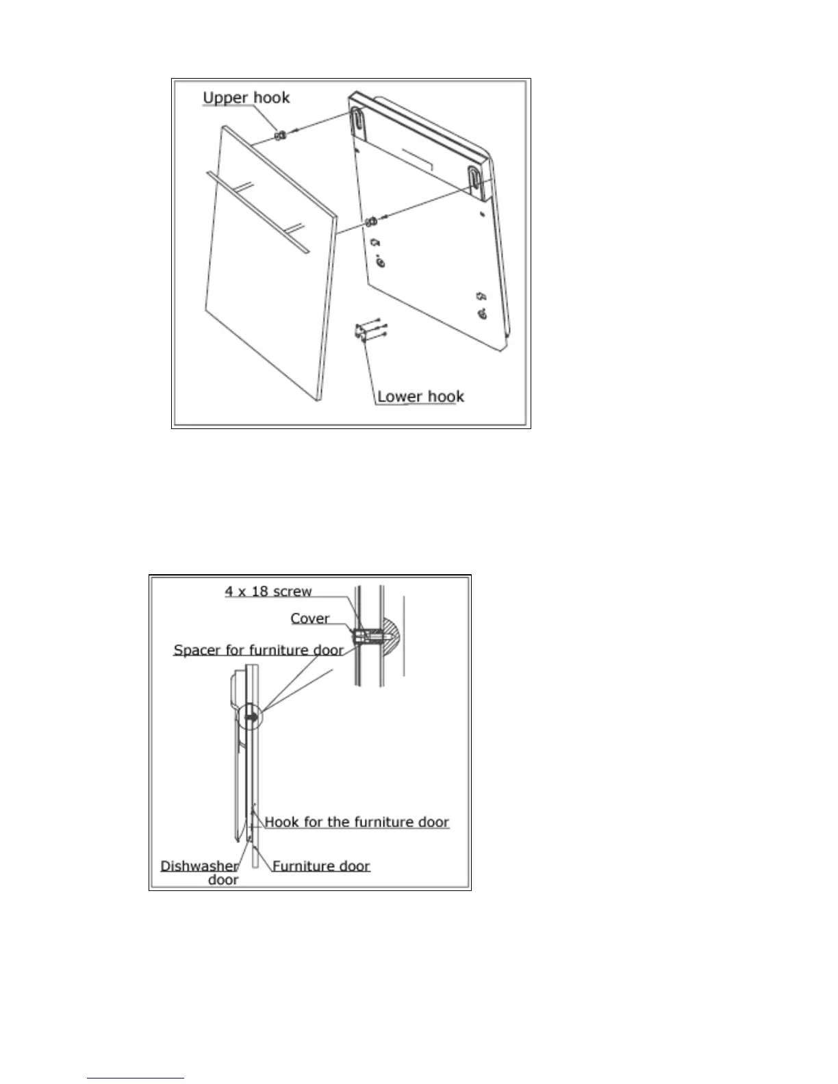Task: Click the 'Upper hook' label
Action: coord(246,98)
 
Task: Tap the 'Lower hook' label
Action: coord(420,396)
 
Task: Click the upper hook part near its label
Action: coord(280,135)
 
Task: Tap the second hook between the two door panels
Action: coord(370,221)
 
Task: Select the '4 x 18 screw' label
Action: coord(268,591)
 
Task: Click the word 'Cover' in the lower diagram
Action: coord(309,619)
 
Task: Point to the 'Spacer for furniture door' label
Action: coord(258,650)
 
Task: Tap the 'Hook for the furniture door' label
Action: coord(357,822)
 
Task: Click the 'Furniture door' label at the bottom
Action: coord(321,866)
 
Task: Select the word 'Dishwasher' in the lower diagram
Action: coord(199,866)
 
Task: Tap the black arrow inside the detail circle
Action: coord(251,718)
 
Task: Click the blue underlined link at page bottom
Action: coord(136,1079)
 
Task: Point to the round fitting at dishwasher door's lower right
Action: coord(483,314)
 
